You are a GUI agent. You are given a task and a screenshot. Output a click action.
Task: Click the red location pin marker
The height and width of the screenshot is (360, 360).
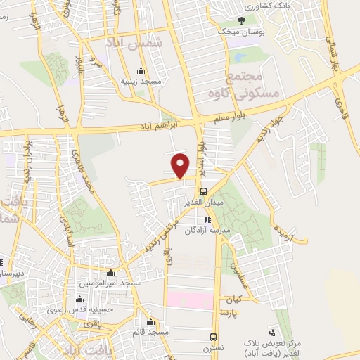pos(181,165)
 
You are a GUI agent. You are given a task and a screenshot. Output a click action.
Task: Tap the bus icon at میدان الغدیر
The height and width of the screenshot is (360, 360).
pos(202,191)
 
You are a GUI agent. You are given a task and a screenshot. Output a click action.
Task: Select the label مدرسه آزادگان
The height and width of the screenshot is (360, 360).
pos(207,230)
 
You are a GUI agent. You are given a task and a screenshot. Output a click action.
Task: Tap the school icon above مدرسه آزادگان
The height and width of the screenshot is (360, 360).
pos(207,219)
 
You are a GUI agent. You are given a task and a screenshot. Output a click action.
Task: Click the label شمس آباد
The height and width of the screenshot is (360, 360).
pos(141,43)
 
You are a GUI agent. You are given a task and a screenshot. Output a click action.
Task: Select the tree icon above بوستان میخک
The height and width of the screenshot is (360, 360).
pos(243,21)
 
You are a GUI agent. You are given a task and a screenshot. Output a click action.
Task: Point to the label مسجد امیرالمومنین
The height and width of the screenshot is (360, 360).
pos(110,283)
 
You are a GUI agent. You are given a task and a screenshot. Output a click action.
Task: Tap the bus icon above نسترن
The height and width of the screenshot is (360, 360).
pos(214,337)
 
